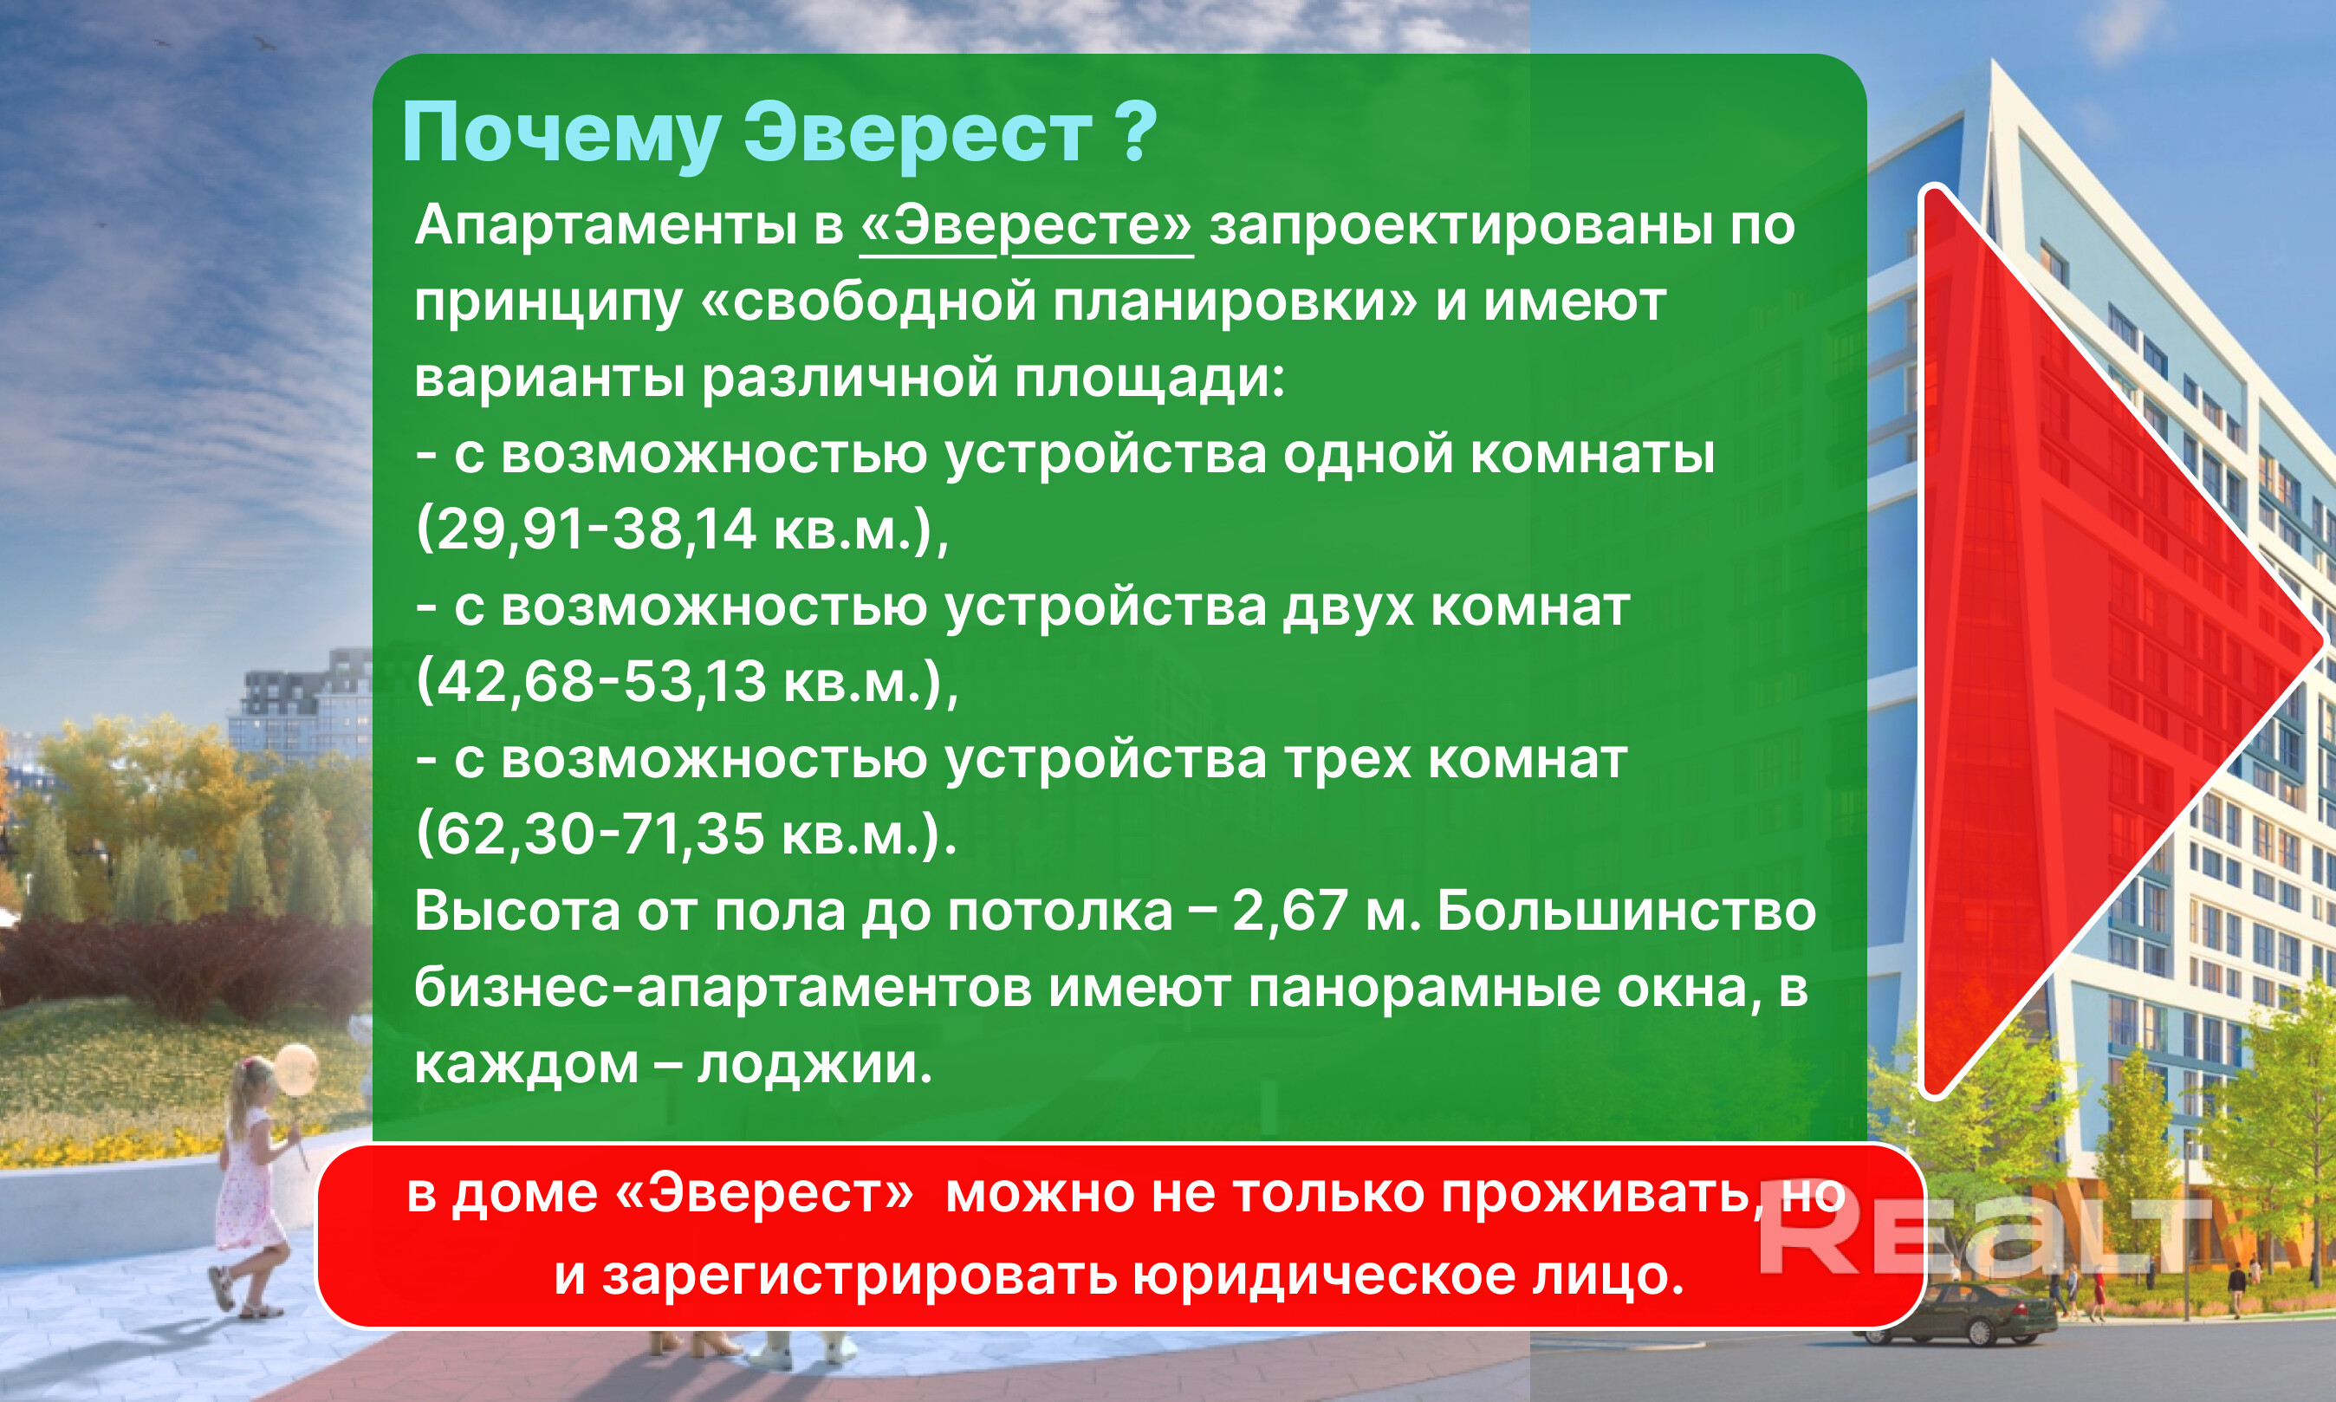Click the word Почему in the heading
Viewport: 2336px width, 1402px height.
[562, 135]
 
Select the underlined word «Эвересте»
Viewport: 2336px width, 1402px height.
[1026, 227]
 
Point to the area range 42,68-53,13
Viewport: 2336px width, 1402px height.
[600, 681]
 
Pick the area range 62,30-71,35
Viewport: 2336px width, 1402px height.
[600, 834]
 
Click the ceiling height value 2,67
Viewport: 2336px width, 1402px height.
[1289, 912]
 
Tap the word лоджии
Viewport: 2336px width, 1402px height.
[814, 1065]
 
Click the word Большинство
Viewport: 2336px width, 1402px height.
[1626, 912]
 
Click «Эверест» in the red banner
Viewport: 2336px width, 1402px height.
[764, 1193]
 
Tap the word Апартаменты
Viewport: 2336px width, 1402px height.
[606, 227]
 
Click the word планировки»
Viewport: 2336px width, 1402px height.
[1235, 303]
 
